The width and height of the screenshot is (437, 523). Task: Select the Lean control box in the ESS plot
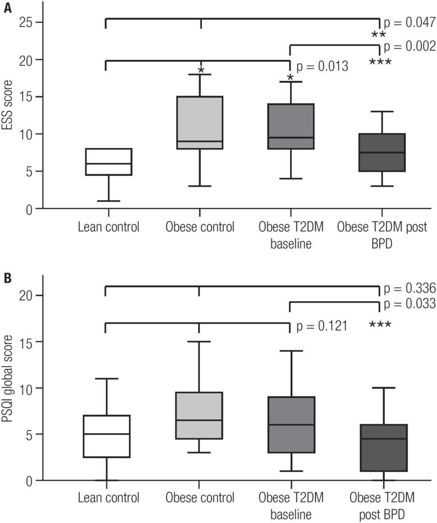(x=108, y=162)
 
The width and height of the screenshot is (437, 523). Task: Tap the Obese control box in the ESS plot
(x=200, y=123)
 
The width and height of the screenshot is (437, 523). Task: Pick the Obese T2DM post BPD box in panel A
(x=382, y=153)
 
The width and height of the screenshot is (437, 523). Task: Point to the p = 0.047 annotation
(x=409, y=22)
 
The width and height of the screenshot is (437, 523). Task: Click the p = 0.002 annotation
(x=409, y=46)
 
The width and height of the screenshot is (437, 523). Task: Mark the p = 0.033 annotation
(x=409, y=304)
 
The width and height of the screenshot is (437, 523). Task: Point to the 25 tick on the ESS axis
(x=26, y=22)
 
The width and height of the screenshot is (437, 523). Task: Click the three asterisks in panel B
(x=380, y=325)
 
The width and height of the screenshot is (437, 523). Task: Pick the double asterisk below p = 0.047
(x=379, y=35)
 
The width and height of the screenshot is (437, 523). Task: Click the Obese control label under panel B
(x=200, y=497)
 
